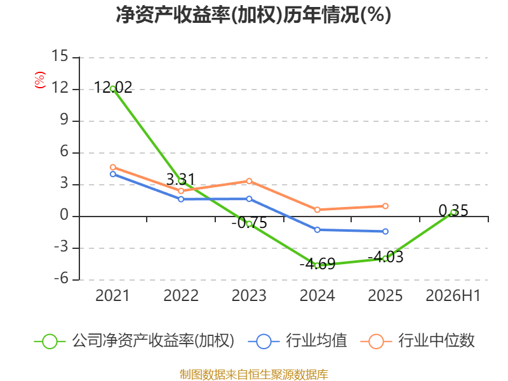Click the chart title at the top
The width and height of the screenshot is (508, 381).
pos(253,15)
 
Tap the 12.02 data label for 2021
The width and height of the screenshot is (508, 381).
pos(113,88)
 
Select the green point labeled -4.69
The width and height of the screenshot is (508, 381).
pos(317,265)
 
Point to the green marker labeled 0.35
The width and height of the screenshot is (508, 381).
pos(453,212)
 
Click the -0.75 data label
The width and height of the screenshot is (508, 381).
pos(249,223)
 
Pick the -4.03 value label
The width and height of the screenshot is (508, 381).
pos(385,257)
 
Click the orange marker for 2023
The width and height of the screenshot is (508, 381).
pos(249,181)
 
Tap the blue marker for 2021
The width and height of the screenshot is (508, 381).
pos(113,174)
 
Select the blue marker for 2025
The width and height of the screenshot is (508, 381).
pos(385,231)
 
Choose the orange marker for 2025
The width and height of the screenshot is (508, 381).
pos(385,206)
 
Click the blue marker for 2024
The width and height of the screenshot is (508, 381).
pos(317,230)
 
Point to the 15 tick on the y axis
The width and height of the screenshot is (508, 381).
pos(60,56)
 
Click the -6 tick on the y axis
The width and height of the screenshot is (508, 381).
pos(61,278)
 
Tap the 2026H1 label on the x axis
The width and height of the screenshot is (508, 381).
pos(453,296)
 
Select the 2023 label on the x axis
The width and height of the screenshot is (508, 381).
pos(249,296)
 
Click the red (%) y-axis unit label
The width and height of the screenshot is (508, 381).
pos(40,80)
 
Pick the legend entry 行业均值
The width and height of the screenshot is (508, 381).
pos(297,341)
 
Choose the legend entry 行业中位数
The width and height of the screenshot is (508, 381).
pos(417,341)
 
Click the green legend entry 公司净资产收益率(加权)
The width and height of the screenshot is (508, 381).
pos(134,341)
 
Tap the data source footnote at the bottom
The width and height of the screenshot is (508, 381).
pos(254,375)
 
